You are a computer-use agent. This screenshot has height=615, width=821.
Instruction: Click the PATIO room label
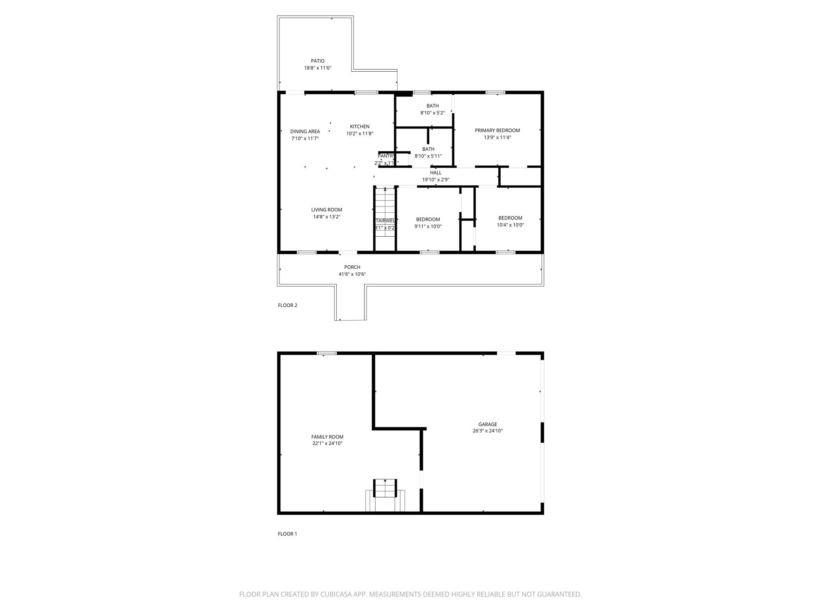[x=317, y=61]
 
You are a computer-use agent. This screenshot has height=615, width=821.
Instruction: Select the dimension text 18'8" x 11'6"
[x=317, y=68]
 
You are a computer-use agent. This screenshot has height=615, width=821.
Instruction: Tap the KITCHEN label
[x=360, y=127]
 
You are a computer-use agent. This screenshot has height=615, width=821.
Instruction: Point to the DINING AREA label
[x=305, y=132]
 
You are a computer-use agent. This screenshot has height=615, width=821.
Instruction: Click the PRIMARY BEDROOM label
[x=497, y=131]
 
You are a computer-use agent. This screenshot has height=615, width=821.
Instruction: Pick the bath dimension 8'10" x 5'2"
[x=432, y=113]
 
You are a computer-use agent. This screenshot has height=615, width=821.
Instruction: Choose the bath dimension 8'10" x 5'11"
[x=428, y=156]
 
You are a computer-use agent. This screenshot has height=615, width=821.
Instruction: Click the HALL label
[x=435, y=173]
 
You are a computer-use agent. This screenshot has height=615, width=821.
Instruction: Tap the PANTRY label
[x=386, y=156]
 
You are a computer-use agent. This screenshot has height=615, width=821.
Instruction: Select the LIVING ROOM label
[x=327, y=210]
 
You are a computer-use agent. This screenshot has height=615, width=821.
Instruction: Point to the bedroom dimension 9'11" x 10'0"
[x=428, y=227]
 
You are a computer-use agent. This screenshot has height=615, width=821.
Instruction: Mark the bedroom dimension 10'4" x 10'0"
[x=510, y=225]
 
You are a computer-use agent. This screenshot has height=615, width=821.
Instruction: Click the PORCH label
[x=352, y=267]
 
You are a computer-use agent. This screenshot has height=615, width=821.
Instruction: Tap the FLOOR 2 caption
[x=287, y=305]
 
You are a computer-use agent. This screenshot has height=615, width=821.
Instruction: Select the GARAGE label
[x=487, y=424]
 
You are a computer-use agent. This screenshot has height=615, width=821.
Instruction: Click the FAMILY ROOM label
[x=327, y=437]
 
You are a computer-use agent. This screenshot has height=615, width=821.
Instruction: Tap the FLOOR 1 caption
[x=287, y=534]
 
